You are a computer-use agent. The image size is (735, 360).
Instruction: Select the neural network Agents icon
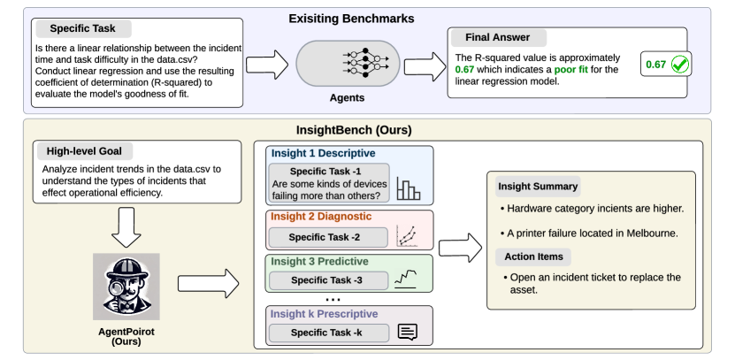coord(362,64)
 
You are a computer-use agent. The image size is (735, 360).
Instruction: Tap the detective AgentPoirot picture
coord(126,283)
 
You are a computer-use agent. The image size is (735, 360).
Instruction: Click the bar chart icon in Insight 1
coord(409,188)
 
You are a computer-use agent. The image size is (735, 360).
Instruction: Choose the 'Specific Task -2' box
coord(326,237)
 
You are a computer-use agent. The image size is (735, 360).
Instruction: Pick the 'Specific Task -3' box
coord(326,280)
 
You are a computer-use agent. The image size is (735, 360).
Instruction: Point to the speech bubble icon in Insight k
coord(407,332)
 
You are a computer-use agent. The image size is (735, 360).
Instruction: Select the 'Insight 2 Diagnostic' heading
coord(321,216)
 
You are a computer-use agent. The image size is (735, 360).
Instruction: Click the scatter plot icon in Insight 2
coord(408,235)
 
